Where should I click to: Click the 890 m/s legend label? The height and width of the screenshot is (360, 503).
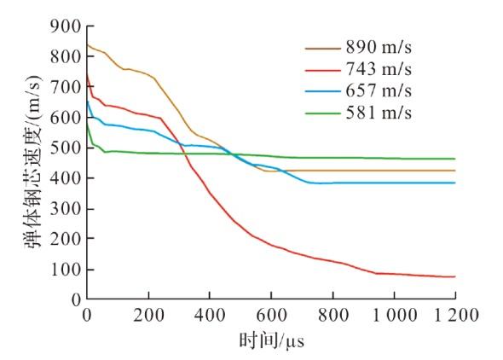(379, 47)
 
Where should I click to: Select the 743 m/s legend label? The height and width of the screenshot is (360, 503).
(379, 69)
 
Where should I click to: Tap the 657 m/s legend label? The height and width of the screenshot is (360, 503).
(379, 90)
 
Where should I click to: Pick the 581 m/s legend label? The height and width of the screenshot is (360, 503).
(379, 113)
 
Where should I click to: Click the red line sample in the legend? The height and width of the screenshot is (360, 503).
(323, 70)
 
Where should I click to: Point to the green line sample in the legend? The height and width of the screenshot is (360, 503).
(323, 113)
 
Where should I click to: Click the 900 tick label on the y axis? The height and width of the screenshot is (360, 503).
(66, 26)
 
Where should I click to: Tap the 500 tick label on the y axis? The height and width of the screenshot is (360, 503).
(66, 148)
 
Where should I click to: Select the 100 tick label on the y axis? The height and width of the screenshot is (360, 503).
(66, 270)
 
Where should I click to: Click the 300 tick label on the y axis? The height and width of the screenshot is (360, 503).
(66, 208)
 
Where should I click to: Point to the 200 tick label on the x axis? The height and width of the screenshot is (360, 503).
(148, 315)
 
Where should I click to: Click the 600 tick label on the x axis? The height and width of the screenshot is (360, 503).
(271, 315)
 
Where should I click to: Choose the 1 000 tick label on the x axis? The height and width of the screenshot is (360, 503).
(395, 315)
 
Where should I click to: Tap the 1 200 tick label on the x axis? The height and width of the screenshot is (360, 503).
(456, 315)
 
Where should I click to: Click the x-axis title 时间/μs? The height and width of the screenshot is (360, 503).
(271, 340)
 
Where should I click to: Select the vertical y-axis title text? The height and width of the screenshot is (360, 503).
(33, 162)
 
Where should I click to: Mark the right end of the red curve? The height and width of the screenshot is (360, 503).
(455, 276)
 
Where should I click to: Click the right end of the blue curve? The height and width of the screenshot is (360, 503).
(455, 183)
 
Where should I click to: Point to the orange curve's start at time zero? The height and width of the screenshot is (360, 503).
(87, 44)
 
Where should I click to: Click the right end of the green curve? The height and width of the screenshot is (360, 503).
(455, 159)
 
